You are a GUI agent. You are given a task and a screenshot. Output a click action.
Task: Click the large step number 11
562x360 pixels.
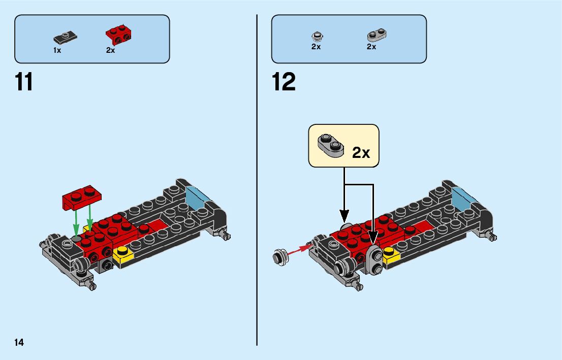(x=24, y=82)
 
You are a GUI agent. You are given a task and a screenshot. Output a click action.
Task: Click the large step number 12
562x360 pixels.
(x=284, y=82)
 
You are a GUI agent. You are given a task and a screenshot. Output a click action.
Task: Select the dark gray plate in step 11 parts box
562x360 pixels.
(x=65, y=37)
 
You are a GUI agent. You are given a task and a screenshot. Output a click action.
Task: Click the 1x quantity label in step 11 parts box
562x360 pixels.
(x=57, y=50)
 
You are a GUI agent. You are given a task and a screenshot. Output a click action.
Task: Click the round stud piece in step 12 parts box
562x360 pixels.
(x=317, y=36)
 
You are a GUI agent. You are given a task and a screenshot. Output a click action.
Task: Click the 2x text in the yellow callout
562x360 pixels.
(x=361, y=152)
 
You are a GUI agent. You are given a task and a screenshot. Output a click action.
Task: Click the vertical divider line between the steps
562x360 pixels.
(x=257, y=203)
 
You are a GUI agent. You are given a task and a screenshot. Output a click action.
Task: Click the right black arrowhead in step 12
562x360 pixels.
(x=373, y=236)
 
